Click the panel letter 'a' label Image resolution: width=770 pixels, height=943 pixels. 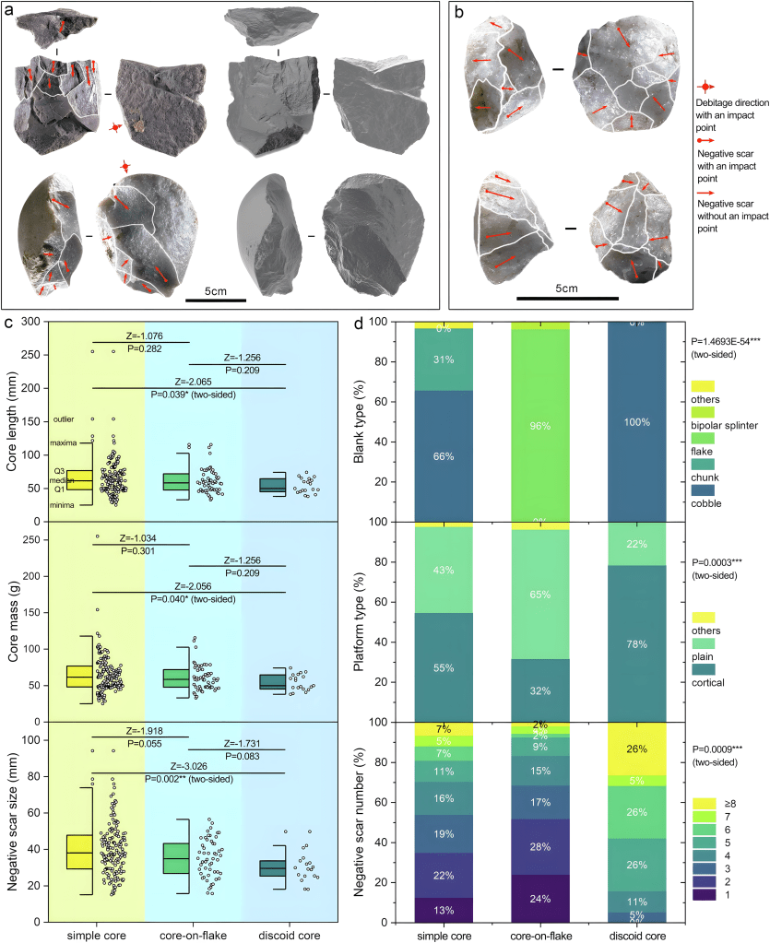pyautogui.click(x=12, y=10)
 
